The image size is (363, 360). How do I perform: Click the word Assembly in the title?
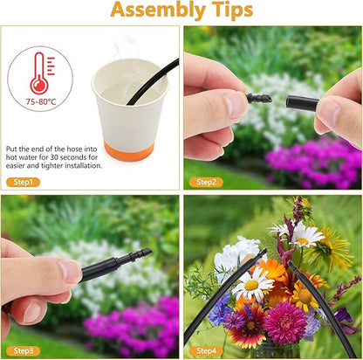(158, 10)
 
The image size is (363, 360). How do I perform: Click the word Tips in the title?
(233, 10)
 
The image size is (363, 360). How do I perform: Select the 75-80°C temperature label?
(41, 101)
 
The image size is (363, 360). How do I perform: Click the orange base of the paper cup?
(129, 151)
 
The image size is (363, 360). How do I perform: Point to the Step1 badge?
(23, 183)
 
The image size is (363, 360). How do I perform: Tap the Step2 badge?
(206, 183)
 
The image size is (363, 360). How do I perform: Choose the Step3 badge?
(23, 351)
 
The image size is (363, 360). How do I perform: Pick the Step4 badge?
(206, 351)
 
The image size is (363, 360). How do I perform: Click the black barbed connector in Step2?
(258, 98)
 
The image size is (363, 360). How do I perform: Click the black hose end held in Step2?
(302, 103)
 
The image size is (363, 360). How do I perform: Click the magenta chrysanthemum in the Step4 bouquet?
(285, 322)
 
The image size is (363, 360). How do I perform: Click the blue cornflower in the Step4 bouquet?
(221, 308)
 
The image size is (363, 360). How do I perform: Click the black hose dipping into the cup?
(154, 81)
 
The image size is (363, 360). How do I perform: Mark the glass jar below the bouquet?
(276, 350)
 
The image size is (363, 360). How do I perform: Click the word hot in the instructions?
(10, 157)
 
